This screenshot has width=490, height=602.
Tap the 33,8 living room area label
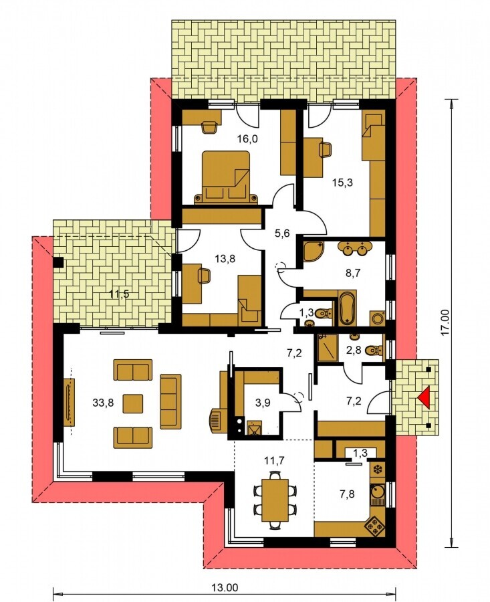(103, 403)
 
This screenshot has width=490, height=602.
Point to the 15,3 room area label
(342, 183)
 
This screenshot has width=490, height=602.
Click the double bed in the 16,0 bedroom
(226, 176)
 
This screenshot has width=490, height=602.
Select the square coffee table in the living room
(133, 403)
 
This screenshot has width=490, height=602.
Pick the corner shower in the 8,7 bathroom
(313, 252)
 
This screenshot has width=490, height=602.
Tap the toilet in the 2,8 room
(374, 350)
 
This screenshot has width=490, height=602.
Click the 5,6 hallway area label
(281, 233)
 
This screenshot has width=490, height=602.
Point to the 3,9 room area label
(263, 403)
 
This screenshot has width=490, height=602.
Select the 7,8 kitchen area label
(346, 494)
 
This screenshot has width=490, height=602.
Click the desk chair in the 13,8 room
(204, 276)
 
